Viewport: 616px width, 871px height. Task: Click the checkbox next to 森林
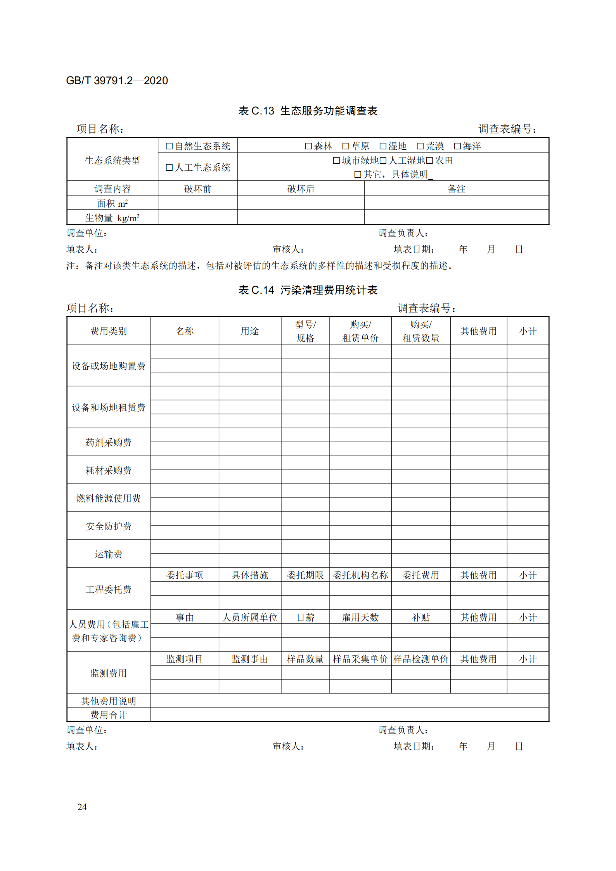(308, 146)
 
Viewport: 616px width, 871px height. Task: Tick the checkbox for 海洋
(457, 146)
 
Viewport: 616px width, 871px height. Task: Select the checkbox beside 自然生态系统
(169, 146)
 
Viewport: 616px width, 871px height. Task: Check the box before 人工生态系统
(169, 168)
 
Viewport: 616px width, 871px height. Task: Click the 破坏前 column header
(198, 189)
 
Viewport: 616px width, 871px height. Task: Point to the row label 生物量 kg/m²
(112, 218)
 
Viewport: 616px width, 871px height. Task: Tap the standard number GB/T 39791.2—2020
(117, 81)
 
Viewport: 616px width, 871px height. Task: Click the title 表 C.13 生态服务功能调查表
(308, 111)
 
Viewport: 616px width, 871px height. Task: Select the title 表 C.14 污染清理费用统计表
(308, 290)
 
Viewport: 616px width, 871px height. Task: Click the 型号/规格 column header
(305, 331)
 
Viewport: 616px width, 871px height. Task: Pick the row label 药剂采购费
(109, 443)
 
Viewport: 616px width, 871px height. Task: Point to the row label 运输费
(109, 554)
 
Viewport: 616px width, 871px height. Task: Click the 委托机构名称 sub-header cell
(360, 575)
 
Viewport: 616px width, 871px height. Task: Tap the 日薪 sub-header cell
(305, 618)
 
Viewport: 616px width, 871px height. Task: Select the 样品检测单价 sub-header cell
(421, 659)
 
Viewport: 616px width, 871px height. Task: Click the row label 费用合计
(109, 715)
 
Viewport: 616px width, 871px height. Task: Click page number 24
(82, 807)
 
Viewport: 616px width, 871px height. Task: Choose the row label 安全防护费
(109, 526)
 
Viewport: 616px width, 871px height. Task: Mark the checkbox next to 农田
(429, 161)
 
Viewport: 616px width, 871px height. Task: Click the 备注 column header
(457, 189)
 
